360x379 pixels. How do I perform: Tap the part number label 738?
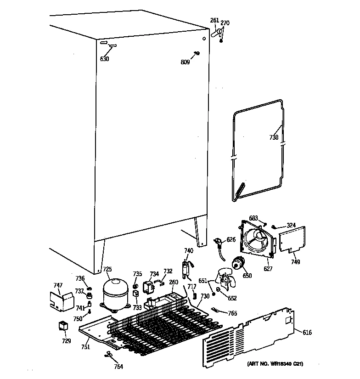tap(274, 137)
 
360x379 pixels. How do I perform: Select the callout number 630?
tap(105, 59)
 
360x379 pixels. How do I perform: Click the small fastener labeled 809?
tap(196, 54)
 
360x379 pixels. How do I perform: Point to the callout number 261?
tap(214, 20)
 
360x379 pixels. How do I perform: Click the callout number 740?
tap(189, 250)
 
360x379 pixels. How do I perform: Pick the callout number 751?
tap(85, 348)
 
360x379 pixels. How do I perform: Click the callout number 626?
tap(231, 239)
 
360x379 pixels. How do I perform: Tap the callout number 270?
tap(225, 23)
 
